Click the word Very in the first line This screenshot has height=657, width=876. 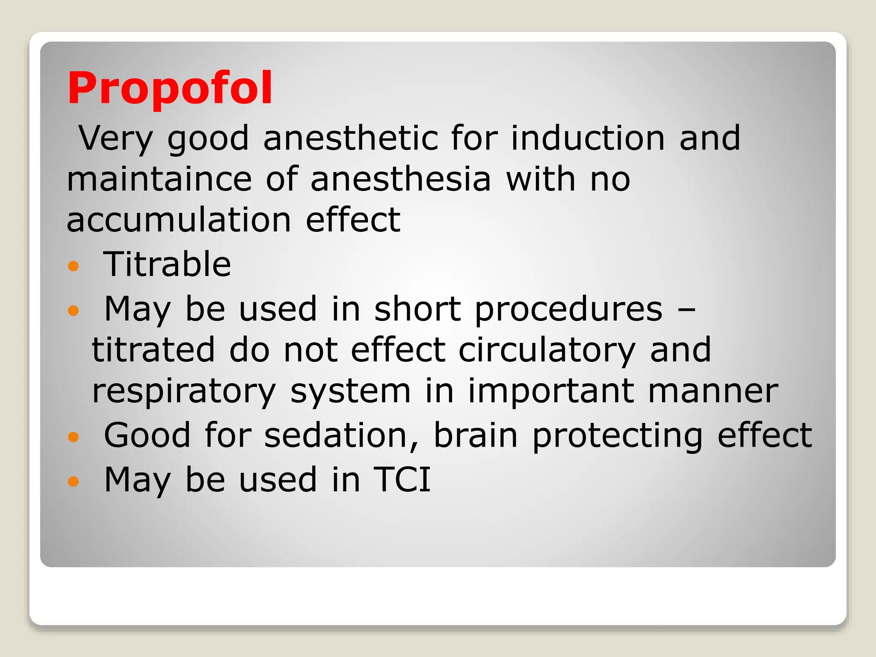[x=116, y=139]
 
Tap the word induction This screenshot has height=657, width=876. [x=588, y=138]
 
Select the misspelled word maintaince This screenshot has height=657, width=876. [x=159, y=179]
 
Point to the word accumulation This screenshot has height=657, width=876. [x=179, y=220]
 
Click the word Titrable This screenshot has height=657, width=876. [x=167, y=264]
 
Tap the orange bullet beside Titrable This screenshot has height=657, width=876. [x=74, y=266]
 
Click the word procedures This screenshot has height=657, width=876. [x=568, y=309]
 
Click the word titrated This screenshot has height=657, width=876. [x=153, y=350]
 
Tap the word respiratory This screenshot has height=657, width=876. [x=184, y=392]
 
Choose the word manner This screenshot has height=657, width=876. [x=713, y=391]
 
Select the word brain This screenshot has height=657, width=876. [x=476, y=435]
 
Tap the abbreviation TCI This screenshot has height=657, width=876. [x=402, y=480]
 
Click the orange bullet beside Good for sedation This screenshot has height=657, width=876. [x=74, y=437]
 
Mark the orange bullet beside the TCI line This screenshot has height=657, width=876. [x=74, y=482]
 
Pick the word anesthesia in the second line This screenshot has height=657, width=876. [x=400, y=179]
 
